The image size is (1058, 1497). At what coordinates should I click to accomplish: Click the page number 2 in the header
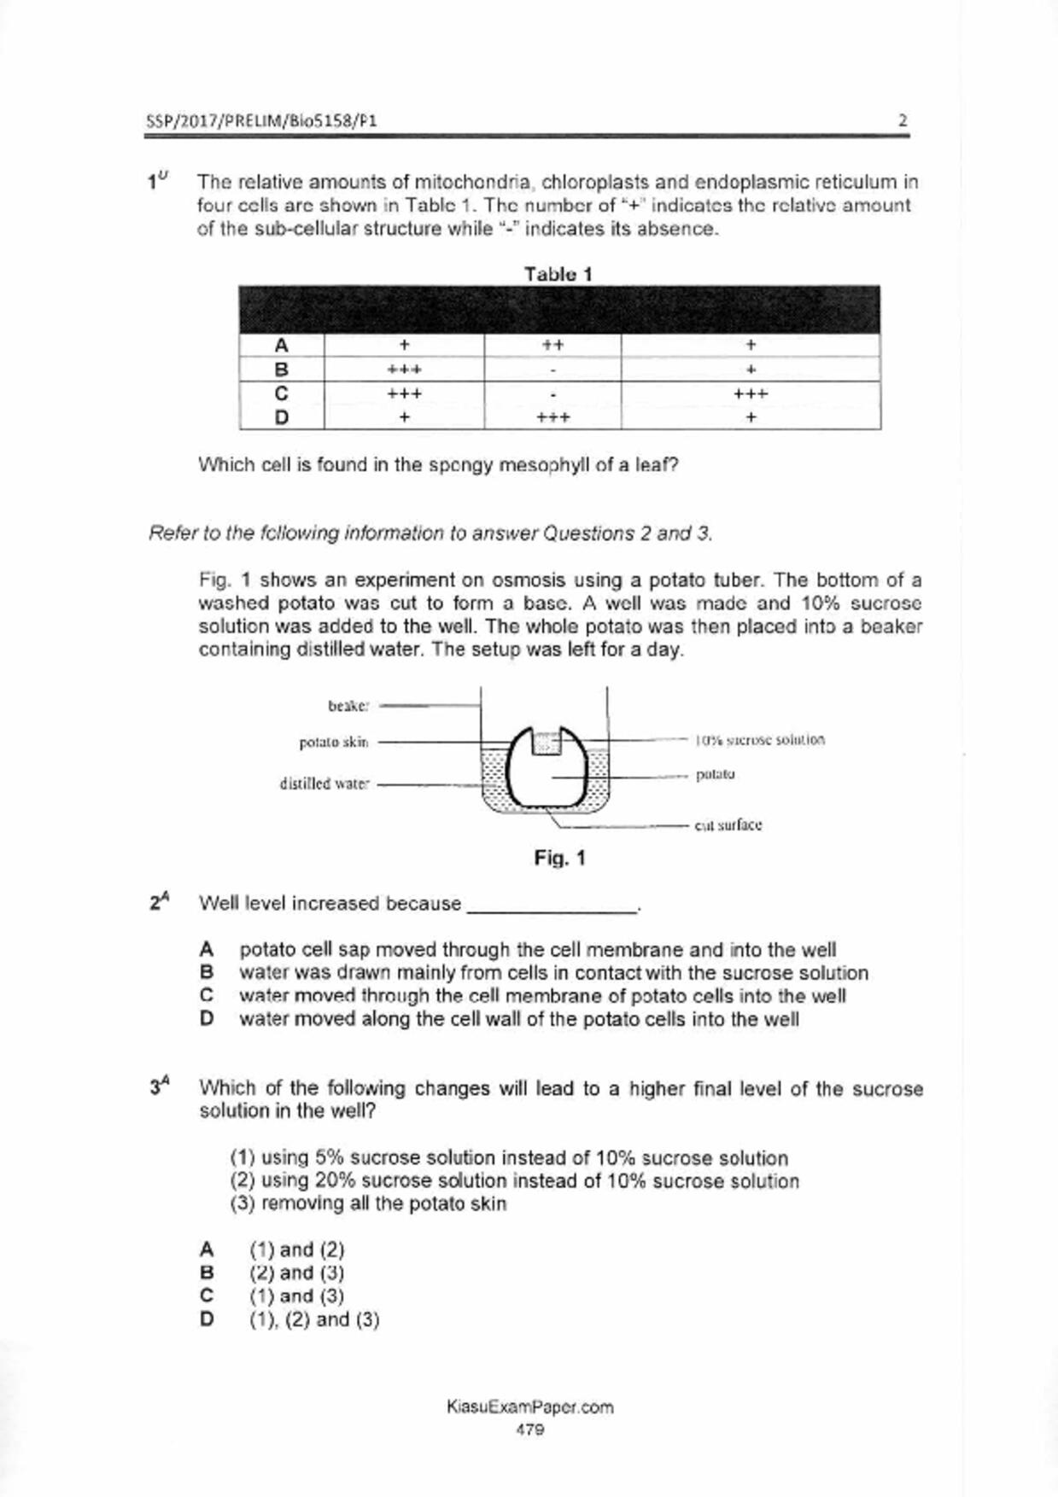[x=903, y=120]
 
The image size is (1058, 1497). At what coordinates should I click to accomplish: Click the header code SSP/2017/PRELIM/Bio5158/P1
[x=261, y=120]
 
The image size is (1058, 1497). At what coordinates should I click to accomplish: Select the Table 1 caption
[x=558, y=274]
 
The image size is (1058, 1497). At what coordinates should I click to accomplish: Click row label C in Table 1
[x=281, y=393]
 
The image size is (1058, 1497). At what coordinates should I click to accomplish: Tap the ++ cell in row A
[x=552, y=345]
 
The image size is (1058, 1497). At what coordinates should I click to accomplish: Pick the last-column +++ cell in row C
[x=751, y=393]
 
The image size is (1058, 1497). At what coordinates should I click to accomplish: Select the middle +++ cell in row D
[x=552, y=417]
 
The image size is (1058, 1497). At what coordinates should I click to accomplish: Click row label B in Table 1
[x=281, y=370]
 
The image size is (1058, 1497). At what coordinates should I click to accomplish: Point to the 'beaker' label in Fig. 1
[x=348, y=706]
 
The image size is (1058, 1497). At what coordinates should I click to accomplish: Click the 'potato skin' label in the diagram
[x=334, y=743]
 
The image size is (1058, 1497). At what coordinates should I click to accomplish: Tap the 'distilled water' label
[x=324, y=783]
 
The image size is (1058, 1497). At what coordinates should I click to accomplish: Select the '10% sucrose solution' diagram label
[x=760, y=740]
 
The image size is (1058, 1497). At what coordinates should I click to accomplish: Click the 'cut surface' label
[x=728, y=825]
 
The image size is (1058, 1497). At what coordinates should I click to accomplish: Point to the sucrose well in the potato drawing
[x=547, y=743]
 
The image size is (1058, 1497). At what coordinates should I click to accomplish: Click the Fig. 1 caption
[x=559, y=858]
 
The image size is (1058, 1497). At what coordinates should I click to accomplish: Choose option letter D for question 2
[x=206, y=1018]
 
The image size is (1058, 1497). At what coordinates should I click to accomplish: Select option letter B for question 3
[x=206, y=1273]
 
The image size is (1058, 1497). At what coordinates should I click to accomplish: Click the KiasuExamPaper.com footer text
[x=529, y=1407]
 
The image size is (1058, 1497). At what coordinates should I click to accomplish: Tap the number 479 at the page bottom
[x=529, y=1430]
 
